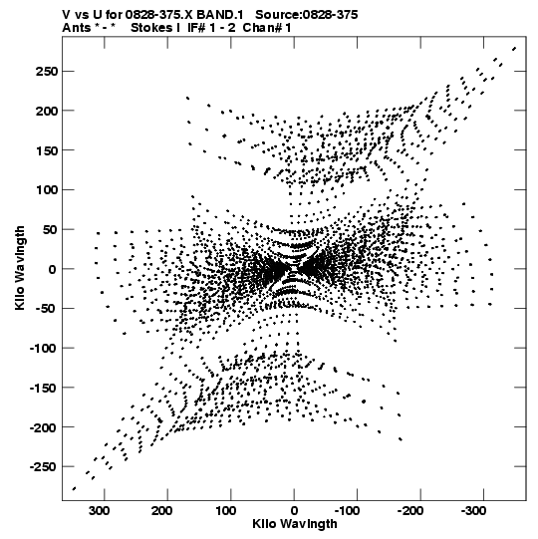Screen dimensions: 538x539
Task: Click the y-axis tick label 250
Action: click(46, 72)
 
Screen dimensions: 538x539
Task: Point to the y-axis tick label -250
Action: click(43, 467)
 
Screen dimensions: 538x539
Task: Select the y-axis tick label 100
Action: click(46, 189)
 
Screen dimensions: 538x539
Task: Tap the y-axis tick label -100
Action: click(43, 349)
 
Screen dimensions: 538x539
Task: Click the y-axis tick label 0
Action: click(52, 269)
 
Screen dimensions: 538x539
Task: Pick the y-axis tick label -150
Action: click(43, 388)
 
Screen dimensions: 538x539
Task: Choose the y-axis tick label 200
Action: click(46, 111)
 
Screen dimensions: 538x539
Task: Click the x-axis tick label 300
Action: click(100, 511)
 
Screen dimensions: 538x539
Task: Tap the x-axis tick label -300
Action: click(473, 511)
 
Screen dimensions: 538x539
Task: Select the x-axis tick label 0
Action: click(294, 511)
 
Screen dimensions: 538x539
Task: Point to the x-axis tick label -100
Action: click(347, 511)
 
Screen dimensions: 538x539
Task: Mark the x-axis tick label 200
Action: click(162, 511)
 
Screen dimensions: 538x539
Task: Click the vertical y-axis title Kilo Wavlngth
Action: click(20, 268)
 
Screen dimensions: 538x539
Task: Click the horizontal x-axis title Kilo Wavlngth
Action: click(295, 524)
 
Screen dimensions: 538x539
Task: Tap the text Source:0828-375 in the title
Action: click(307, 15)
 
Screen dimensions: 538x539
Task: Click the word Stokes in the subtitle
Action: click(151, 28)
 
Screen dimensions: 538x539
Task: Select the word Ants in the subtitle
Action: click(77, 28)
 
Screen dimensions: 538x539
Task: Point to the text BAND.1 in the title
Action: click(219, 15)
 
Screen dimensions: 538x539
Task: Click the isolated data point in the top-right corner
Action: click(514, 49)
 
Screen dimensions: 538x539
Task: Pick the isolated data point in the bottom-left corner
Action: click(74, 488)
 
